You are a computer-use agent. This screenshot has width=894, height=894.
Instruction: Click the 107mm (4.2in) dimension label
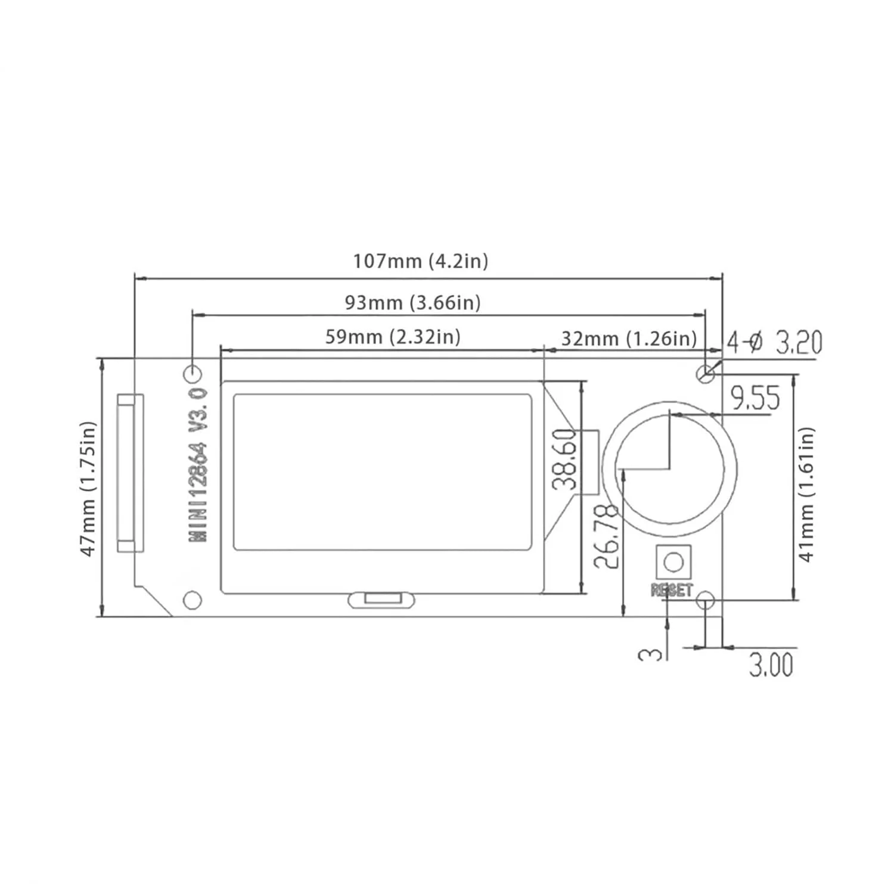[x=420, y=261]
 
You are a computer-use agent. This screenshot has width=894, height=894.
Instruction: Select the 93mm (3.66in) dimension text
[x=412, y=303]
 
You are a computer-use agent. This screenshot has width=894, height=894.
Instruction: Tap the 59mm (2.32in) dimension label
[x=393, y=337]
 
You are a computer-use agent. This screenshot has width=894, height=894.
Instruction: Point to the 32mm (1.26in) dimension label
[x=629, y=339]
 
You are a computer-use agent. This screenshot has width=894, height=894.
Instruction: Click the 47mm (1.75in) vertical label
[x=88, y=489]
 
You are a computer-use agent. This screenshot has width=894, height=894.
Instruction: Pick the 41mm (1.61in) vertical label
[x=806, y=494]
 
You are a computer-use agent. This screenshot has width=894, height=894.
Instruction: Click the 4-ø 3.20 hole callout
[x=774, y=342]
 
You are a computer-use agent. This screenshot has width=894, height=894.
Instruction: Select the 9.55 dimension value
[x=755, y=398]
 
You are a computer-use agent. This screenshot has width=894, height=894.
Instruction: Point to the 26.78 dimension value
[x=606, y=536]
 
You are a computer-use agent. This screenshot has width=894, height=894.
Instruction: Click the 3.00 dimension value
[x=771, y=665]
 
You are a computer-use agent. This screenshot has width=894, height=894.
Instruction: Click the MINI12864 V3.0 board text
[x=198, y=465]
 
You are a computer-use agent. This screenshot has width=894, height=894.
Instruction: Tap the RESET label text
[x=672, y=590]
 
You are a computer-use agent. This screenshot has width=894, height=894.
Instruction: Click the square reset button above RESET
[x=673, y=561]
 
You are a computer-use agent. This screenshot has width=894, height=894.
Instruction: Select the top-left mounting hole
[x=193, y=374]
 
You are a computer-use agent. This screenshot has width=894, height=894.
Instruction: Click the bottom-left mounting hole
[x=192, y=600]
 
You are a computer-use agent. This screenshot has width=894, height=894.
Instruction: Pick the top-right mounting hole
[x=705, y=374]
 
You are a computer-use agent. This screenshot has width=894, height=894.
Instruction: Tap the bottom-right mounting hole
[x=706, y=600]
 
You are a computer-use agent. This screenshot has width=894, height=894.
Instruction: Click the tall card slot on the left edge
[x=130, y=473]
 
